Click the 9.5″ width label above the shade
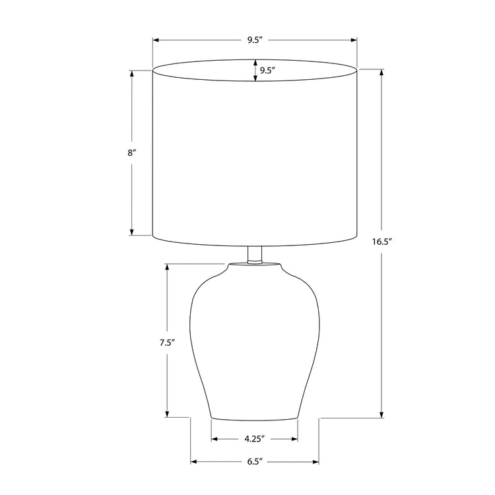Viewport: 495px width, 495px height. [x=255, y=40]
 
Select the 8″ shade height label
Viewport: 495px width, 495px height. [x=132, y=152]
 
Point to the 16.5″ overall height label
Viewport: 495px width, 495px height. [x=382, y=242]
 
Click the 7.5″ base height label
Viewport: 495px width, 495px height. [x=167, y=342]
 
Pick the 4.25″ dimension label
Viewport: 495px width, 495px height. [x=254, y=438]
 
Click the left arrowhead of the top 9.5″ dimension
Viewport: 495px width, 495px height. [x=156, y=40]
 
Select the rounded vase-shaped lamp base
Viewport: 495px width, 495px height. [x=255, y=343]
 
